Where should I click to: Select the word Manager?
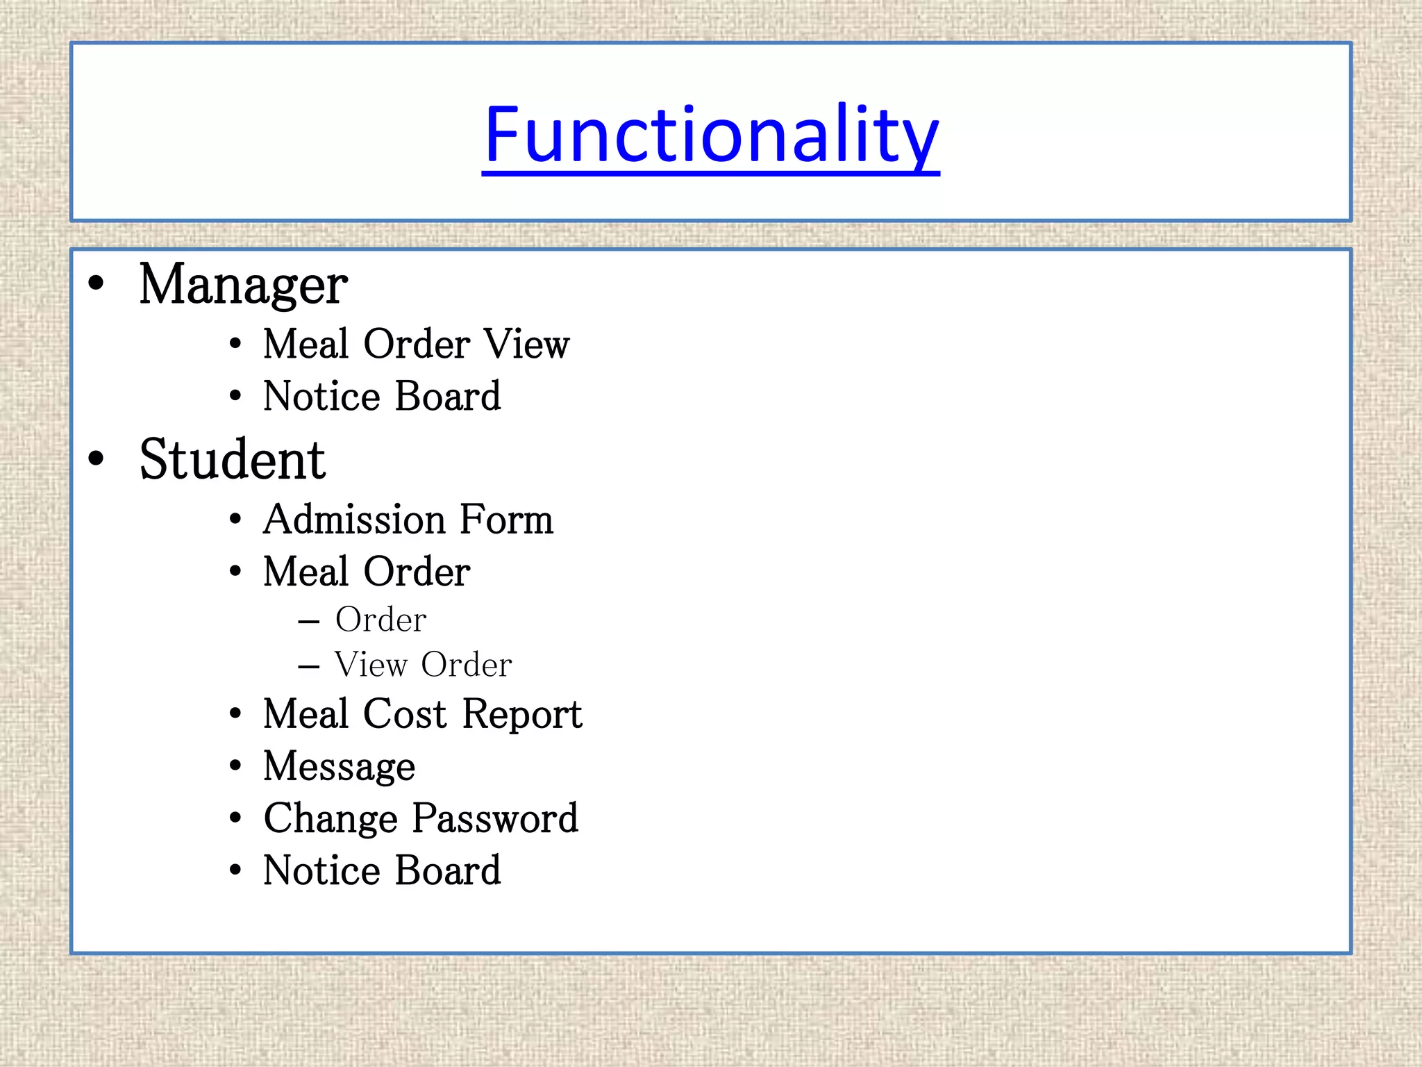[x=243, y=286]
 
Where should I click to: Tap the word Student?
[x=232, y=460]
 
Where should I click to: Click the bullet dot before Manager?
[x=96, y=283]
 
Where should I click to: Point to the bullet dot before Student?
[x=96, y=458]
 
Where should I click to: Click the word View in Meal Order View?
[x=526, y=344]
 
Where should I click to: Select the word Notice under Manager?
[x=322, y=397]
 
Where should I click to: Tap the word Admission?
[x=354, y=520]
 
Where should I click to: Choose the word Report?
[x=522, y=716]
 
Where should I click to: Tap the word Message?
[x=339, y=768]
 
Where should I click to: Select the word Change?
[x=331, y=819]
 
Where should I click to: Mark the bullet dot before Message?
[x=235, y=766]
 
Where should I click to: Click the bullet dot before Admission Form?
[x=235, y=519]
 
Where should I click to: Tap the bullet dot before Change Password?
[x=235, y=818]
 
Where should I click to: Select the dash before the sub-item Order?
[x=309, y=621]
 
